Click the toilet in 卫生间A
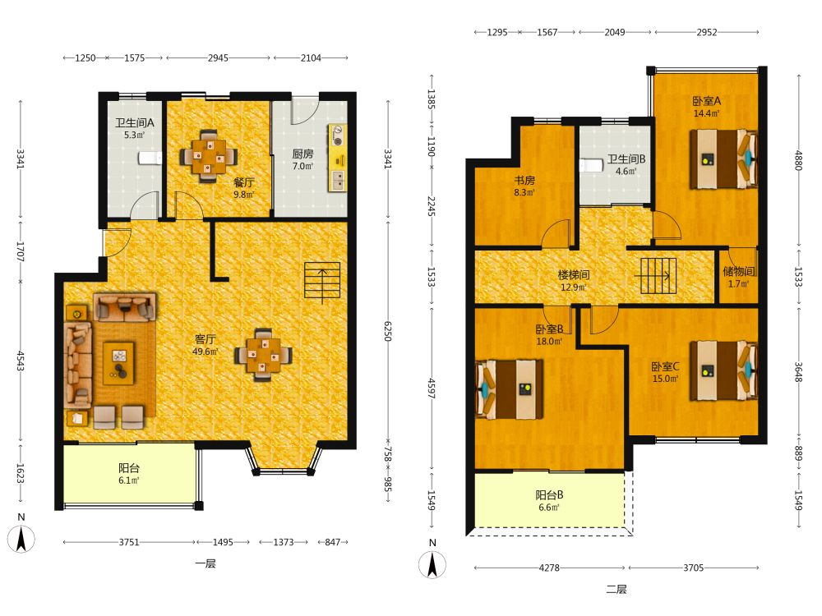pyautogui.click(x=150, y=158)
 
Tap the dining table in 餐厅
pyautogui.click(x=209, y=155)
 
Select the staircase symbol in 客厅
pyautogui.click(x=322, y=282)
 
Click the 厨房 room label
pyautogui.click(x=302, y=154)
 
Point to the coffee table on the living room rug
pyautogui.click(x=118, y=362)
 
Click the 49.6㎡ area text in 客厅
pyautogui.click(x=205, y=352)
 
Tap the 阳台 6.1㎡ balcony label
pyautogui.click(x=129, y=474)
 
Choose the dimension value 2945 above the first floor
pyautogui.click(x=218, y=57)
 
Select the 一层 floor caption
pyautogui.click(x=205, y=563)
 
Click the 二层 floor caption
pyautogui.click(x=616, y=589)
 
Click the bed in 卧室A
pyautogui.click(x=723, y=159)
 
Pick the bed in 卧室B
pyautogui.click(x=509, y=389)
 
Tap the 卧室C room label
pyautogui.click(x=665, y=366)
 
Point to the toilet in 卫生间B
pyautogui.click(x=591, y=166)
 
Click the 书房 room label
pyautogui.click(x=524, y=181)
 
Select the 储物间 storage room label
pyautogui.click(x=739, y=271)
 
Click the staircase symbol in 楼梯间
pyautogui.click(x=658, y=275)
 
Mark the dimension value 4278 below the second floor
pyautogui.click(x=549, y=568)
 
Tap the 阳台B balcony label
pyautogui.click(x=549, y=495)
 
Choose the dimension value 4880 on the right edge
pyautogui.click(x=798, y=160)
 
